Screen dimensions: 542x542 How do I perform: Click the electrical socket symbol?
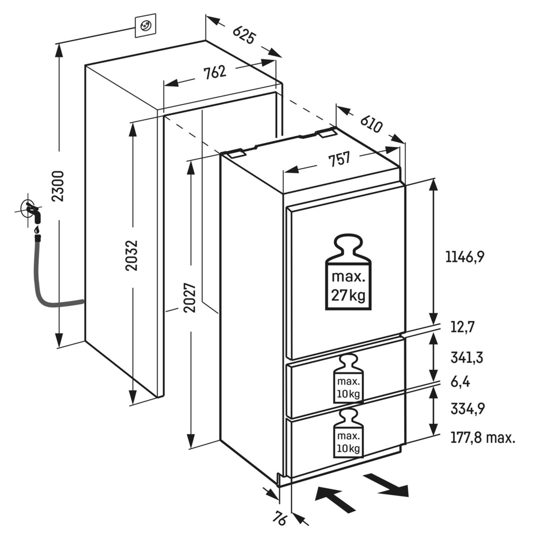(145, 25)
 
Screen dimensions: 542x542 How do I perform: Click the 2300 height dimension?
(59, 186)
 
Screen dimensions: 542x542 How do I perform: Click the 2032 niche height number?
(132, 255)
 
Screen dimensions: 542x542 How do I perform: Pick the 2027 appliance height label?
(190, 298)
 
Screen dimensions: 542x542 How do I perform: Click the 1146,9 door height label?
(465, 257)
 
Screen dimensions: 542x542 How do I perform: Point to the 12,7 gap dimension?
(462, 328)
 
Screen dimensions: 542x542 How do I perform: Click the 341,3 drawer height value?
(467, 358)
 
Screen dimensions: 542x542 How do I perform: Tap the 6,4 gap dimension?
(460, 382)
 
